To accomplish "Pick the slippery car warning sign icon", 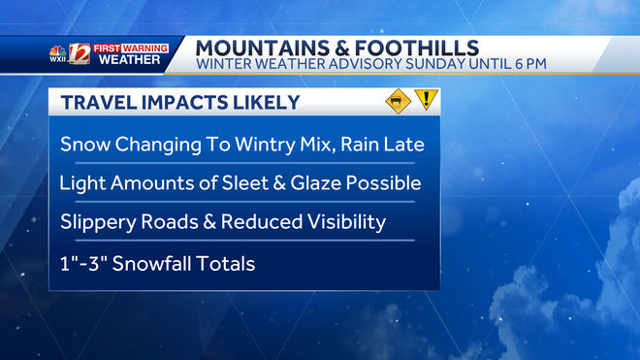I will (x=396, y=101).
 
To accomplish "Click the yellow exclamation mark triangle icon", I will (x=425, y=101).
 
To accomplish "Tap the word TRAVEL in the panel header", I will (x=92, y=103).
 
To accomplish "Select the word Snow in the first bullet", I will (x=82, y=145).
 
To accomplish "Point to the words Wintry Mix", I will (x=265, y=145).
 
